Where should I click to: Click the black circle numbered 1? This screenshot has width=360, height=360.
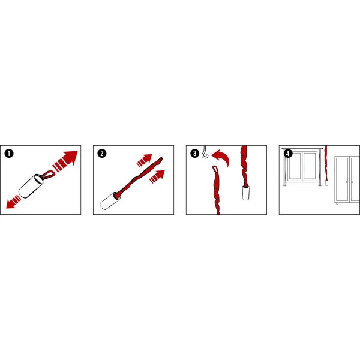coord(9,153)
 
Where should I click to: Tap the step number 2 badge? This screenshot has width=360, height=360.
coord(102,153)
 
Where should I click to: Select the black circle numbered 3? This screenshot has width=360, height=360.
coord(195,153)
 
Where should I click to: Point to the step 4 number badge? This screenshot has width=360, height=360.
coord(288,153)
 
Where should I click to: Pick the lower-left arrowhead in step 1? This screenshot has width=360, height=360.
coord(11,204)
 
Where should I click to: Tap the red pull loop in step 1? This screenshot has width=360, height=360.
coord(49,175)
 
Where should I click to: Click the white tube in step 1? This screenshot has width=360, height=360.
coord(31,186)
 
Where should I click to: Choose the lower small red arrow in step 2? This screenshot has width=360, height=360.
coord(157,176)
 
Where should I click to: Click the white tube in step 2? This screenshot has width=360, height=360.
coord(110,202)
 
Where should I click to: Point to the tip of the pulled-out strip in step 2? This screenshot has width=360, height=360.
coord(161,158)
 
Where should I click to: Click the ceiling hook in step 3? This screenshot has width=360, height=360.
coord(205,152)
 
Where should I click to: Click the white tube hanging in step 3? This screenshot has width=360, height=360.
coord(246,193)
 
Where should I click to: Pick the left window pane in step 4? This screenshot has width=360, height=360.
coord(295,166)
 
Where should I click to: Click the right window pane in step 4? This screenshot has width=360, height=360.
coord(310,166)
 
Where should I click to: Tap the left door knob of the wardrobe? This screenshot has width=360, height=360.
coord(346,182)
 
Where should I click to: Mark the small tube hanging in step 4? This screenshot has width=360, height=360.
coord(326,183)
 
